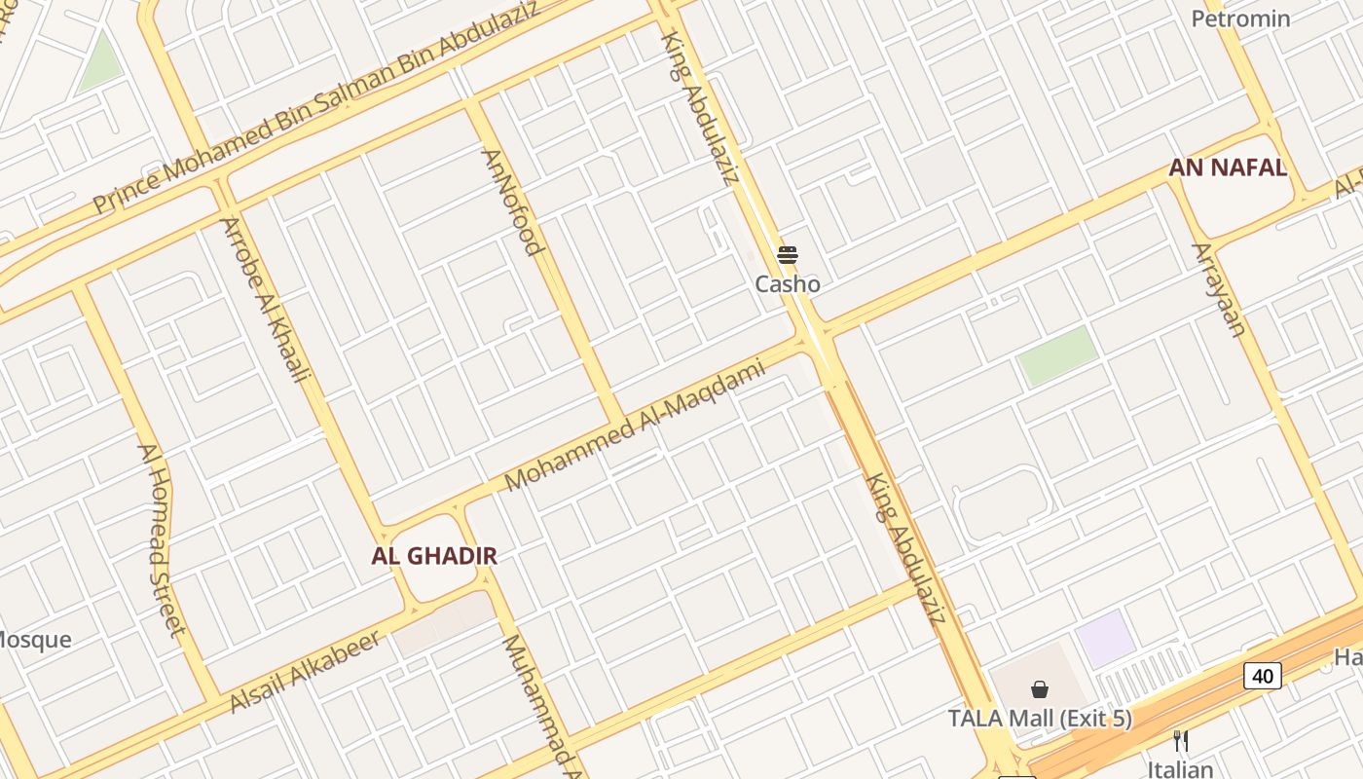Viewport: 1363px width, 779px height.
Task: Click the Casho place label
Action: tap(788, 284)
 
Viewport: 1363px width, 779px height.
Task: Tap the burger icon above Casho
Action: tap(788, 255)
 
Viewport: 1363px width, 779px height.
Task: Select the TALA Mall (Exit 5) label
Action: tap(1040, 719)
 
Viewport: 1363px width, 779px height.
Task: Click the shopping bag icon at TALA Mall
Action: tap(1040, 689)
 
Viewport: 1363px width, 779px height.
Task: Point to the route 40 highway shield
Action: tap(1262, 675)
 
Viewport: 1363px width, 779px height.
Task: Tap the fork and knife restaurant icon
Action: tap(1181, 741)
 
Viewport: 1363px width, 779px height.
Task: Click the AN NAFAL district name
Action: tap(1228, 167)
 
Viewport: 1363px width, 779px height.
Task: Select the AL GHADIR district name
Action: tap(434, 556)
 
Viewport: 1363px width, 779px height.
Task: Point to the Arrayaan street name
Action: tap(1219, 290)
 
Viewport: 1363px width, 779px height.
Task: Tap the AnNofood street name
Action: tap(512, 203)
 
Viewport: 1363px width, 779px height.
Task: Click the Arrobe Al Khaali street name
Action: tap(266, 299)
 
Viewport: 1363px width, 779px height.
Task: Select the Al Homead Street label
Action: tap(162, 539)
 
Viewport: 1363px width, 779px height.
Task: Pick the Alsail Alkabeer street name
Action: tap(306, 671)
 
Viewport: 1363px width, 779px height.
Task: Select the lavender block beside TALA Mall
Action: tap(1105, 638)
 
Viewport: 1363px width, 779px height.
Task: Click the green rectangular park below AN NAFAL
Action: tap(1057, 355)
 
